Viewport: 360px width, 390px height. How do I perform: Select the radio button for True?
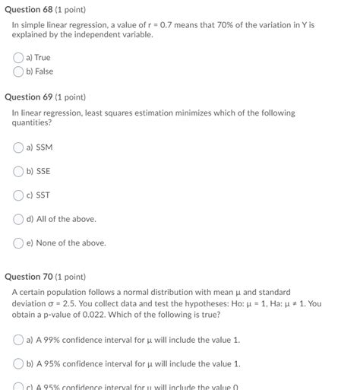[18, 57]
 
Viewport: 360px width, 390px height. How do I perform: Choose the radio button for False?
[18, 71]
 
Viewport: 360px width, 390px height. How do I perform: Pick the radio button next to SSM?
[18, 147]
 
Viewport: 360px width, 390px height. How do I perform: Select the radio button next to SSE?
[18, 171]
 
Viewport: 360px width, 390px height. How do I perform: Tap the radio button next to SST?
[18, 195]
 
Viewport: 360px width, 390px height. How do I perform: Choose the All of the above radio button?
[18, 219]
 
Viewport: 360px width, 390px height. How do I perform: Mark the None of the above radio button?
[18, 243]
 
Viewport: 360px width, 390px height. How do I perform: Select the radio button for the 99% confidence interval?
[18, 340]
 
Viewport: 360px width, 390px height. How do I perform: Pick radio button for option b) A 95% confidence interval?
[18, 364]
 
